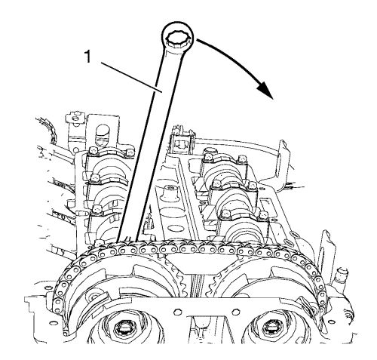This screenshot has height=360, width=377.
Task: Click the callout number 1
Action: pyautogui.click(x=87, y=57)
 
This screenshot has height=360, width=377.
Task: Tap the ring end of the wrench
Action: pyautogui.click(x=178, y=37)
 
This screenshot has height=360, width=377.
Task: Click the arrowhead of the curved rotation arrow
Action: pyautogui.click(x=265, y=90)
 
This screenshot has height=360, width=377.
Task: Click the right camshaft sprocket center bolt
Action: pyautogui.click(x=269, y=328)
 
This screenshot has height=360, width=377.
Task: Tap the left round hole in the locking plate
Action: pyautogui.click(x=178, y=311)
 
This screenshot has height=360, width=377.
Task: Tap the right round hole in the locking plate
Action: pyautogui.click(x=234, y=312)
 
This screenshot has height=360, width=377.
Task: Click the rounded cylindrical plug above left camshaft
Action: pyautogui.click(x=103, y=134)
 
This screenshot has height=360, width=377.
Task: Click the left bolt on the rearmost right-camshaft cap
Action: pyautogui.click(x=207, y=156)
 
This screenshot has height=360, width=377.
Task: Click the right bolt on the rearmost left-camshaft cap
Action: pyautogui.click(x=129, y=152)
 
